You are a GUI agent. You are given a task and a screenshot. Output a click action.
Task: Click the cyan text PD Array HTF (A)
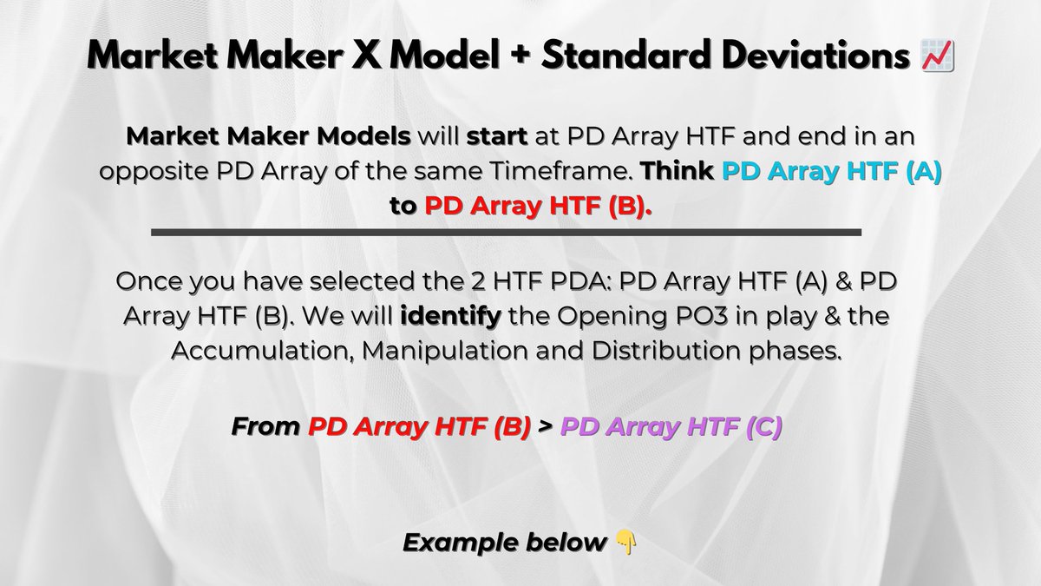click(831, 171)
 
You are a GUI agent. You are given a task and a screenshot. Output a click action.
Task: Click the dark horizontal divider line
click(506, 233)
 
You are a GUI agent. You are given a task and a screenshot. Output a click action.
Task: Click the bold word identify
click(450, 317)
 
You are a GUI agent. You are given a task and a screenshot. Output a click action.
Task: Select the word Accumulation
click(252, 351)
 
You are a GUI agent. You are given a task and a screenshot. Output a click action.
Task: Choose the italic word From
click(265, 427)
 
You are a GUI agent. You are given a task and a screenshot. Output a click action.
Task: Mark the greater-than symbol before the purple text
click(546, 427)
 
